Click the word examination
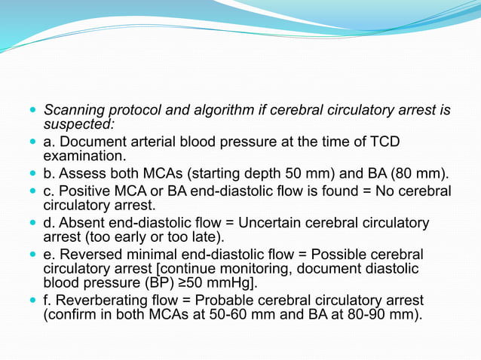coord(82,156)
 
